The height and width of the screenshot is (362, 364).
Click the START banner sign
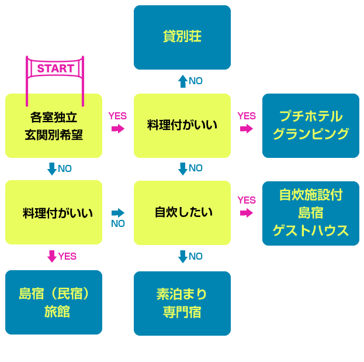point(56,68)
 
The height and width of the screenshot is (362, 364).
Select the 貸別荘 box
point(182,37)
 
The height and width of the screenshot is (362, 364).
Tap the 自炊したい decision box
point(182,212)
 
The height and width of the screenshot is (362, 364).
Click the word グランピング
point(310,134)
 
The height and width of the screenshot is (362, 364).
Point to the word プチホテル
point(310,116)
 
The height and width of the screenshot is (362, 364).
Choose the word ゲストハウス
point(310,230)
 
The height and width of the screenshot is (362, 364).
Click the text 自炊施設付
point(310,195)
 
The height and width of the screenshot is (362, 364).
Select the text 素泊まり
point(182,294)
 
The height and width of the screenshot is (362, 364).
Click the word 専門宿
point(182,312)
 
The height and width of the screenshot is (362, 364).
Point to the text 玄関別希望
point(53,135)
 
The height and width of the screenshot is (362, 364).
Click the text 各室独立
point(53,116)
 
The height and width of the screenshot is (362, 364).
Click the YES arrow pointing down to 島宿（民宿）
point(52,256)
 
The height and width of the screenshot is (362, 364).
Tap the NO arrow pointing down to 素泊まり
point(182,256)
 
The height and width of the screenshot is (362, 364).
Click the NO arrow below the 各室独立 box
point(52,169)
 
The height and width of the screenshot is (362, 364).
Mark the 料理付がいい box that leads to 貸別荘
point(182,125)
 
